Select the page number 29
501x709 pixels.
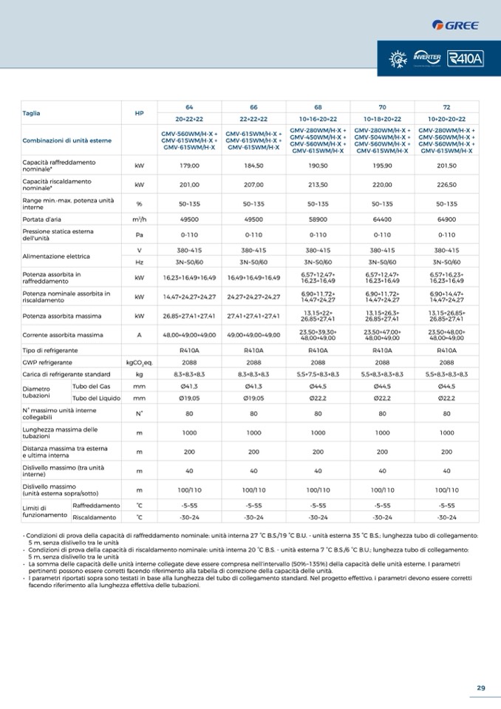[x=481, y=688]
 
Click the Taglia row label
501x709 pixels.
[x=32, y=113]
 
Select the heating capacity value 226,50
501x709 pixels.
[x=446, y=185]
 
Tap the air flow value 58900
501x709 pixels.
[x=318, y=220]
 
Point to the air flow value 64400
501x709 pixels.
[x=382, y=220]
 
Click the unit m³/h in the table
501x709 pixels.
[x=139, y=220]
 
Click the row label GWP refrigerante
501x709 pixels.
[x=47, y=362]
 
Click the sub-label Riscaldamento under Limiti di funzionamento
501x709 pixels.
[x=94, y=517]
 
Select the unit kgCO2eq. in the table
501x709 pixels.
[x=139, y=362]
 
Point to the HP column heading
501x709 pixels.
[x=139, y=113]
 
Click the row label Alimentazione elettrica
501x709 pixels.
[x=56, y=256]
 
